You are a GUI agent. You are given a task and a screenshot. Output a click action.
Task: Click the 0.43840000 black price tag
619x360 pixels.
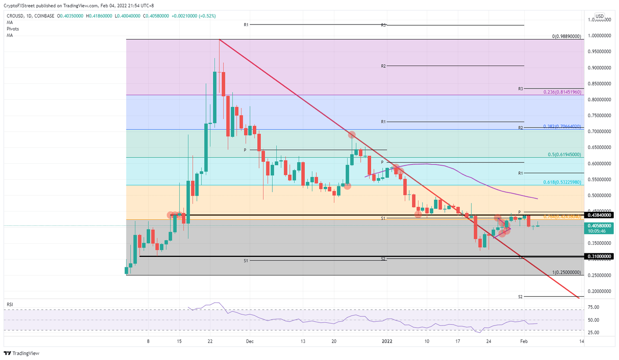pyautogui.click(x=599, y=215)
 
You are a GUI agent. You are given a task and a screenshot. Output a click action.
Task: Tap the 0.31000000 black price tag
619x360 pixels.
pyautogui.click(x=599, y=256)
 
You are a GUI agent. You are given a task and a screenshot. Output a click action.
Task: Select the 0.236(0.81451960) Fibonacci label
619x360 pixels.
pyautogui.click(x=562, y=92)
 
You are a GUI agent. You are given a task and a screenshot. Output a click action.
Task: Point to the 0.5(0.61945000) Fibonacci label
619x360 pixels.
pyautogui.click(x=564, y=155)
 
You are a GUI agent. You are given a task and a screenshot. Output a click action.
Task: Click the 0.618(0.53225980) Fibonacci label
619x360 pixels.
pyautogui.click(x=562, y=182)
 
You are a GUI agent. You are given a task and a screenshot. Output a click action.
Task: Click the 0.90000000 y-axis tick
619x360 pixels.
pyautogui.click(x=599, y=68)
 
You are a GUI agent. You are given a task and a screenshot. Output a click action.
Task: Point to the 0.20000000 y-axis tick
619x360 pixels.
pyautogui.click(x=599, y=291)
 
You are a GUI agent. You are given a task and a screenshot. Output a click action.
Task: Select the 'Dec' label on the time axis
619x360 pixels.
pyautogui.click(x=250, y=341)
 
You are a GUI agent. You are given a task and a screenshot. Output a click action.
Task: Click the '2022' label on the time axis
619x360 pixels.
pyautogui.click(x=387, y=341)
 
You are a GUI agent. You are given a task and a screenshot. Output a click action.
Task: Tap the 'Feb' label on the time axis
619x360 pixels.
pyautogui.click(x=524, y=341)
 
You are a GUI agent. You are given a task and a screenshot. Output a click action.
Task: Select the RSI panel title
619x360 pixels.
pyautogui.click(x=10, y=304)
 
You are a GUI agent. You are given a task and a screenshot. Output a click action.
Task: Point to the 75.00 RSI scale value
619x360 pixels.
pyautogui.click(x=593, y=307)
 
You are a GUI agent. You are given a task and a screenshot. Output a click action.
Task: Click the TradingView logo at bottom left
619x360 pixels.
pyautogui.click(x=22, y=353)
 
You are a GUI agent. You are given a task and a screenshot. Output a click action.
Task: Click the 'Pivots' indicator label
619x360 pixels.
pyautogui.click(x=13, y=29)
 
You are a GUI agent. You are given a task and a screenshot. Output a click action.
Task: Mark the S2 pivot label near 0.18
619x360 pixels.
pyautogui.click(x=520, y=297)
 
